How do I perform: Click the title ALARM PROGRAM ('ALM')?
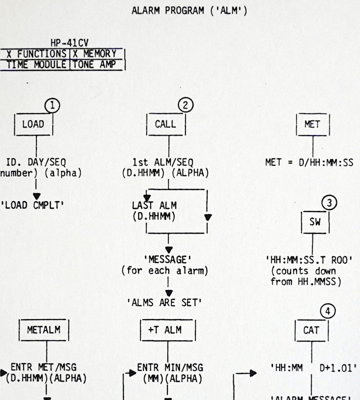click(189, 11)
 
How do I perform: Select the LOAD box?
click(33, 124)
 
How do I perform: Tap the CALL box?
click(165, 124)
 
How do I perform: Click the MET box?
click(312, 124)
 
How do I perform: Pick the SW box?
click(315, 222)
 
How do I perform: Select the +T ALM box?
click(168, 330)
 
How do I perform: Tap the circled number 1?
click(52, 106)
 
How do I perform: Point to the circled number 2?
click(185, 106)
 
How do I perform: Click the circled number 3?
click(329, 203)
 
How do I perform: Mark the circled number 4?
click(328, 311)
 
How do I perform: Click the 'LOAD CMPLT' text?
click(33, 205)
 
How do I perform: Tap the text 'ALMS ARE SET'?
click(165, 303)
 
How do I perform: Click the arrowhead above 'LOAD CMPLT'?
click(37, 196)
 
